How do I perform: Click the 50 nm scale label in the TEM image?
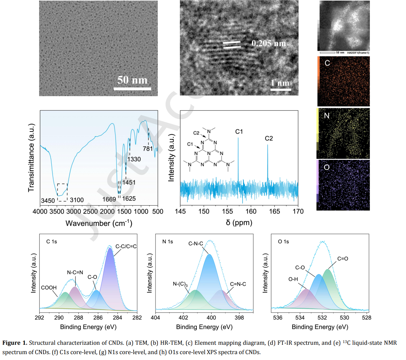point(132,80)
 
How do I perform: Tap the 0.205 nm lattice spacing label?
point(269,43)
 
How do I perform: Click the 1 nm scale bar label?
point(280,83)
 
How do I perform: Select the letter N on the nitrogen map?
point(327,115)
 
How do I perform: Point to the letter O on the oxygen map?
point(327,168)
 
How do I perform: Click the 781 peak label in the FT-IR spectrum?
point(148,149)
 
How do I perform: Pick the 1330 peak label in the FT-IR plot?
point(134,159)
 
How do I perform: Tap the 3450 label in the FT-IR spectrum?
point(48,200)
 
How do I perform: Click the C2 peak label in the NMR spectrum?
point(269,138)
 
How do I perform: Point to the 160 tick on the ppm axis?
point(251,212)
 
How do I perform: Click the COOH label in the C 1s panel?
point(49,288)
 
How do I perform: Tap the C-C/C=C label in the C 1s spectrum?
point(126,246)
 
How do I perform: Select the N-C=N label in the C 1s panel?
point(75,272)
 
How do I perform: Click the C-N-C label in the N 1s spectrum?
point(196,244)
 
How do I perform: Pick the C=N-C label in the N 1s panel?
point(238,284)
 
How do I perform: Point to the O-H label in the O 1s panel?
point(293,279)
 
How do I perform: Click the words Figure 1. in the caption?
point(15,343)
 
